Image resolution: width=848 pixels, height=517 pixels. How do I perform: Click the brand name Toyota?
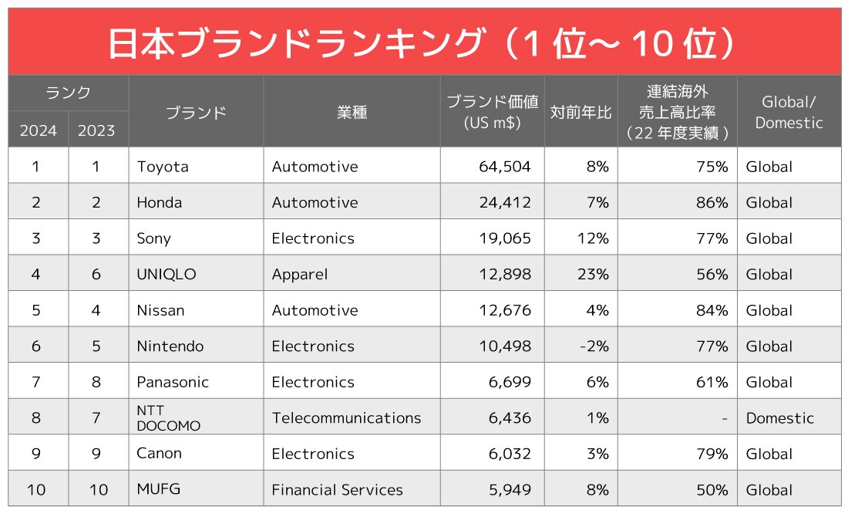[163, 167]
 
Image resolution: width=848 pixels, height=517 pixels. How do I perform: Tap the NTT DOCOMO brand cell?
[168, 417]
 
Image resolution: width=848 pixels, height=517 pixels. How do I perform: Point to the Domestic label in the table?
[779, 418]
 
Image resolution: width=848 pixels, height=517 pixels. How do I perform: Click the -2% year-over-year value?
[594, 346]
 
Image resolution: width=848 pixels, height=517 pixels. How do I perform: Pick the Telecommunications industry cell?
[346, 417]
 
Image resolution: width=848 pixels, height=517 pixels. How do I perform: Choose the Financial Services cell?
[337, 490]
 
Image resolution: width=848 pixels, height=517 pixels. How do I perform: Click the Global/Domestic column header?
[788, 113]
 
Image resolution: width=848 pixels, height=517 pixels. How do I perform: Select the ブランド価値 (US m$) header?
[492, 113]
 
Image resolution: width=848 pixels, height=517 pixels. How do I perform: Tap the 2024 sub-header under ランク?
[39, 130]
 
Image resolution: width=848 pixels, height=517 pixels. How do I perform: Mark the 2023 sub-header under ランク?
[97, 130]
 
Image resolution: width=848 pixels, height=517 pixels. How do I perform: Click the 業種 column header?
[352, 113]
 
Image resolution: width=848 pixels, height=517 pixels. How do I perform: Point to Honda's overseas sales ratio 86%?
[712, 202]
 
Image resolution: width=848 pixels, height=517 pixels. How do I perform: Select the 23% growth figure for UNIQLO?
[593, 274]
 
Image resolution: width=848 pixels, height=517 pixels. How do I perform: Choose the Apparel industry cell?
[300, 274]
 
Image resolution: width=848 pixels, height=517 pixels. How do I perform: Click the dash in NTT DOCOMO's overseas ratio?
[724, 418]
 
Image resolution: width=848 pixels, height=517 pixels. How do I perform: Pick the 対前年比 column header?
[580, 113]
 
